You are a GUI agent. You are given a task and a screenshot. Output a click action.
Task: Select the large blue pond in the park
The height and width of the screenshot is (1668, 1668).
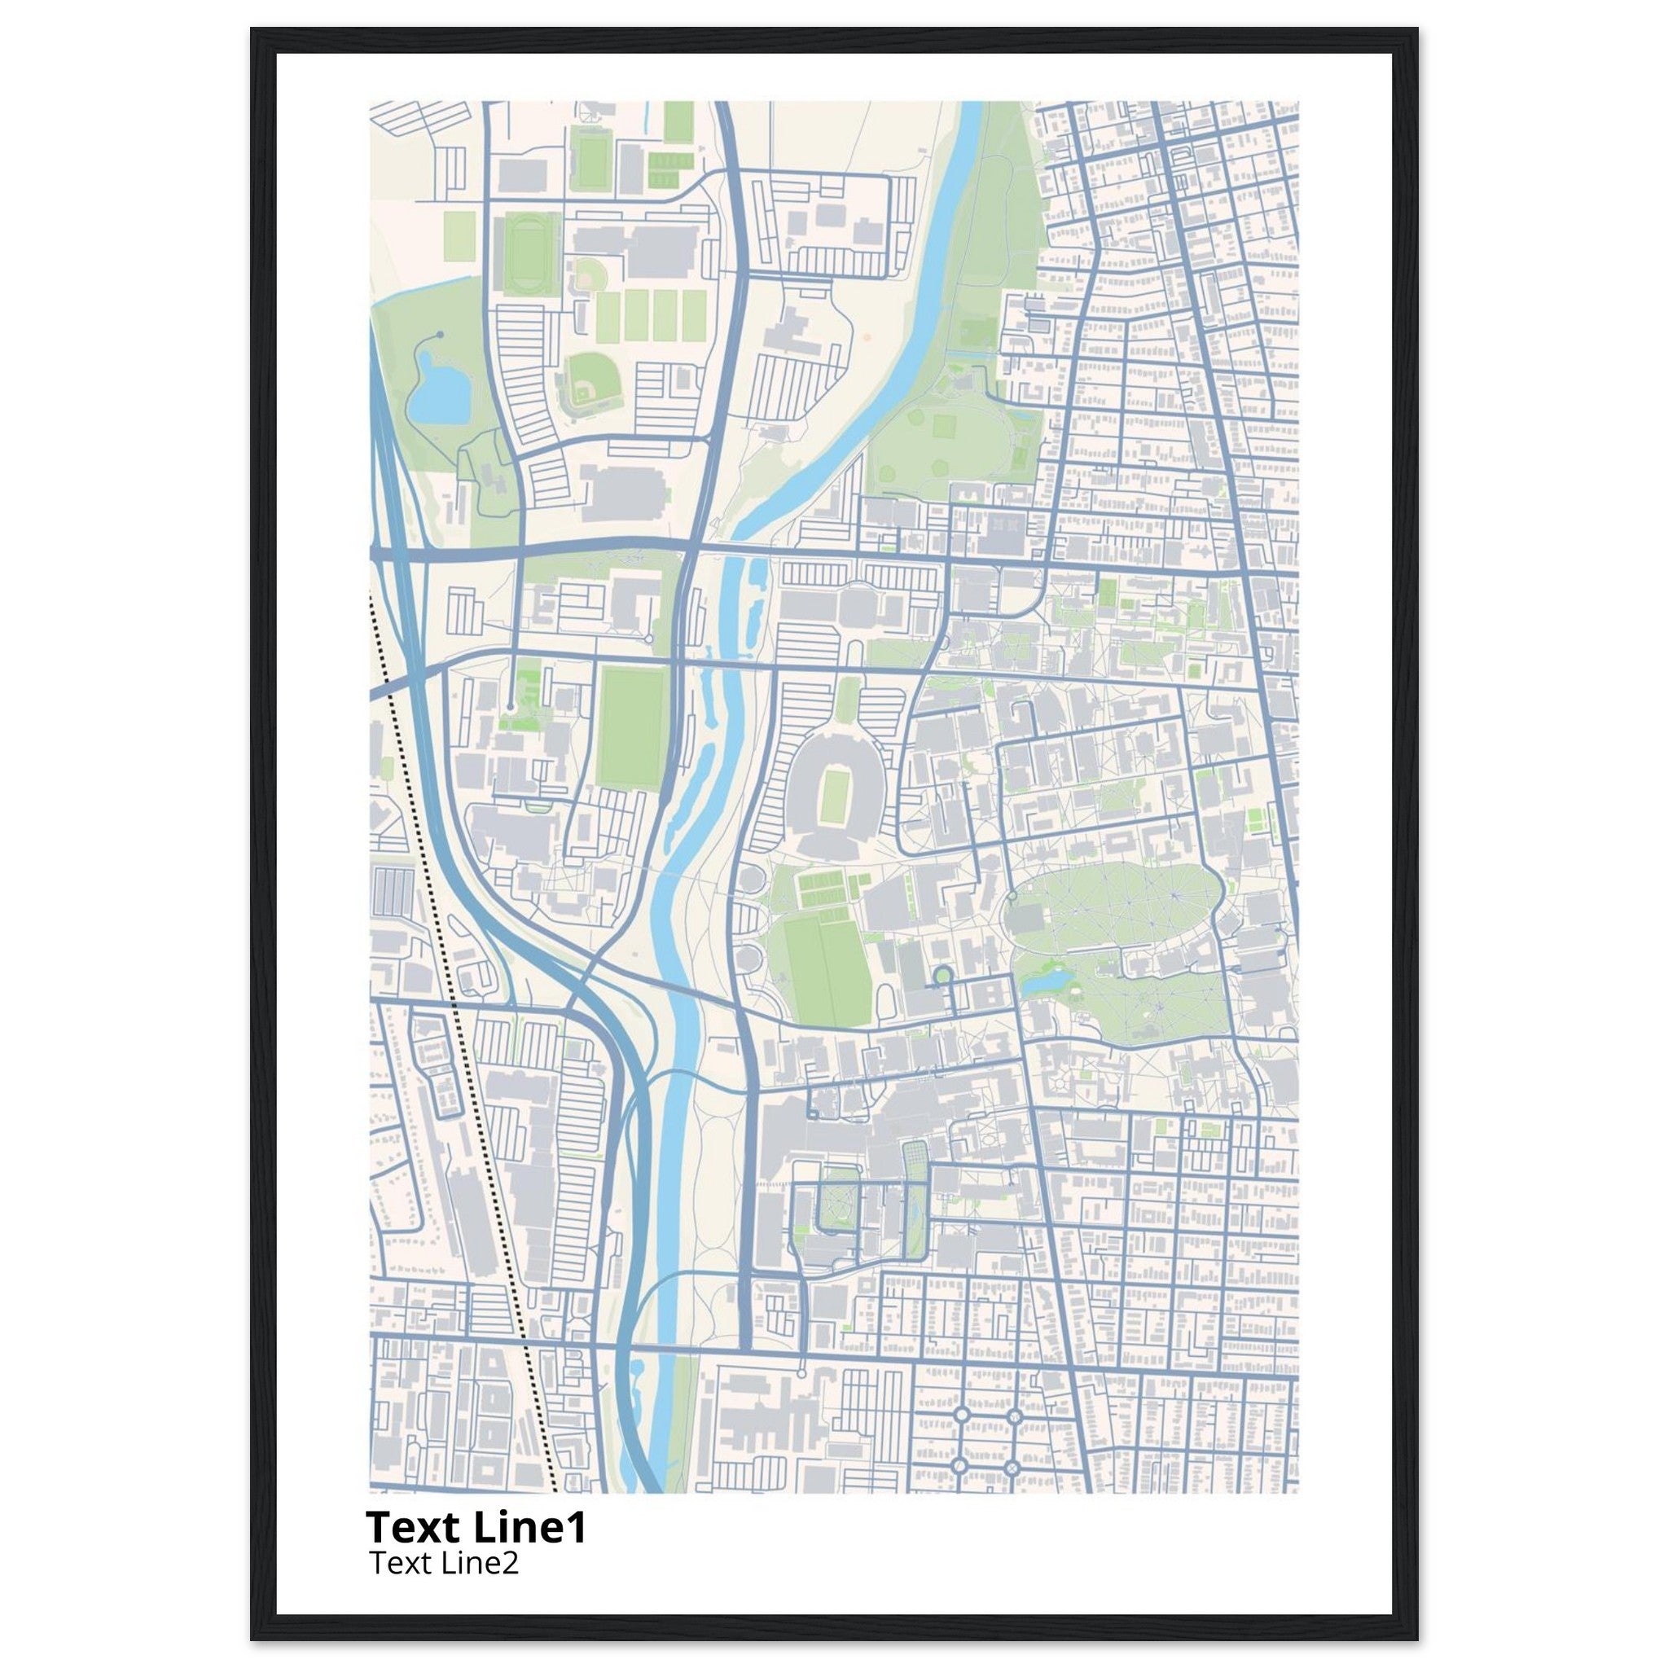(437, 393)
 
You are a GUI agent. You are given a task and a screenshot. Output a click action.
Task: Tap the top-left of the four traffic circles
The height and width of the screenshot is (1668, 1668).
(960, 1416)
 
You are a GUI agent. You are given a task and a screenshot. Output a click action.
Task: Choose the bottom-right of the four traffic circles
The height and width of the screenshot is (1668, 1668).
(1012, 1468)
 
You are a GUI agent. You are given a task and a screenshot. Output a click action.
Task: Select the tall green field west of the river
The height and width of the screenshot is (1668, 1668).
(633, 727)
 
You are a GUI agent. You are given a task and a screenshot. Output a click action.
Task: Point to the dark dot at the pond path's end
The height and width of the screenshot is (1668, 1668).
(440, 333)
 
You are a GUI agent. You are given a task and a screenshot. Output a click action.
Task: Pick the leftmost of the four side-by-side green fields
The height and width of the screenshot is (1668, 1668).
(609, 317)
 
